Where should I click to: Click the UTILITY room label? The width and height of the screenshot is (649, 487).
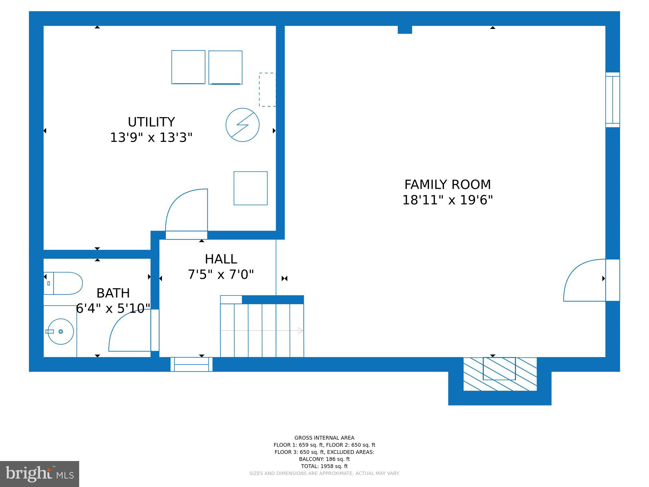pos(151,122)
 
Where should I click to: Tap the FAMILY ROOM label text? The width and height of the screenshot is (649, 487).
pos(447,184)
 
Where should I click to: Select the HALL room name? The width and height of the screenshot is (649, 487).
pos(221,259)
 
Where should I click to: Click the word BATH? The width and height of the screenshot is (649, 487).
pos(113,293)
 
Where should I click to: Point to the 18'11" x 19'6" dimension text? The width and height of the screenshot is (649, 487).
pos(447,200)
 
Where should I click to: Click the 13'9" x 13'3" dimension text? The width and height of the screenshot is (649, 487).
pos(151,138)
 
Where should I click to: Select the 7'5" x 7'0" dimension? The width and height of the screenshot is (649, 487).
pos(221,275)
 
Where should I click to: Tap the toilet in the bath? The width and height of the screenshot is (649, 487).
pos(63,283)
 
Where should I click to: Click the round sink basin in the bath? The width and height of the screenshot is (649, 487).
pos(61,331)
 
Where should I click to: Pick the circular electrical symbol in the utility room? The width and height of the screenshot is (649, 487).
pos(242,125)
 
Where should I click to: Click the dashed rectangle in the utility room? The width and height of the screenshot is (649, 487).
pos(267,90)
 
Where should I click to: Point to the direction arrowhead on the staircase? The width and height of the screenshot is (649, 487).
pos(300,331)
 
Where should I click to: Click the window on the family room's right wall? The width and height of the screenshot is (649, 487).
pos(613,100)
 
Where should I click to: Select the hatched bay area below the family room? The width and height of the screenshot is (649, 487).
pos(500,374)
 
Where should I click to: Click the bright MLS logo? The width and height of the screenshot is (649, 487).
pos(40,474)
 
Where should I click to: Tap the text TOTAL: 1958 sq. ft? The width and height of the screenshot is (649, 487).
pos(324,466)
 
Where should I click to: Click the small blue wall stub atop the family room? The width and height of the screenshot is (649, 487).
pos(405,30)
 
